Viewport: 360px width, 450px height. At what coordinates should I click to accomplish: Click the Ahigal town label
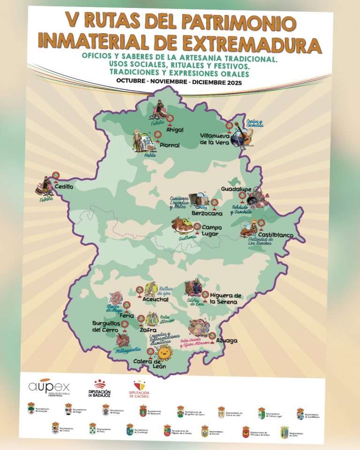pyautogui.click(x=175, y=130)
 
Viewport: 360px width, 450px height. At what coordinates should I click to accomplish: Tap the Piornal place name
pyautogui.click(x=169, y=145)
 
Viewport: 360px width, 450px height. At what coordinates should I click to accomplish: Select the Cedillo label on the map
pyautogui.click(x=64, y=186)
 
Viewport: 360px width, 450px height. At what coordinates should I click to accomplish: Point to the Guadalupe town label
pyautogui.click(x=237, y=189)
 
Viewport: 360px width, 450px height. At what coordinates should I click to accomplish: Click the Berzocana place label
pyautogui.click(x=207, y=213)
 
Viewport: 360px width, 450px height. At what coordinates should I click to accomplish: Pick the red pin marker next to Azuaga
pyautogui.click(x=212, y=336)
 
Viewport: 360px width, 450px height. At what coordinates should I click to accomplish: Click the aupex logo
pyautogui.click(x=49, y=387)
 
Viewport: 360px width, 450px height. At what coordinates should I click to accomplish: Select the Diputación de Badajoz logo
pyautogui.click(x=99, y=389)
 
